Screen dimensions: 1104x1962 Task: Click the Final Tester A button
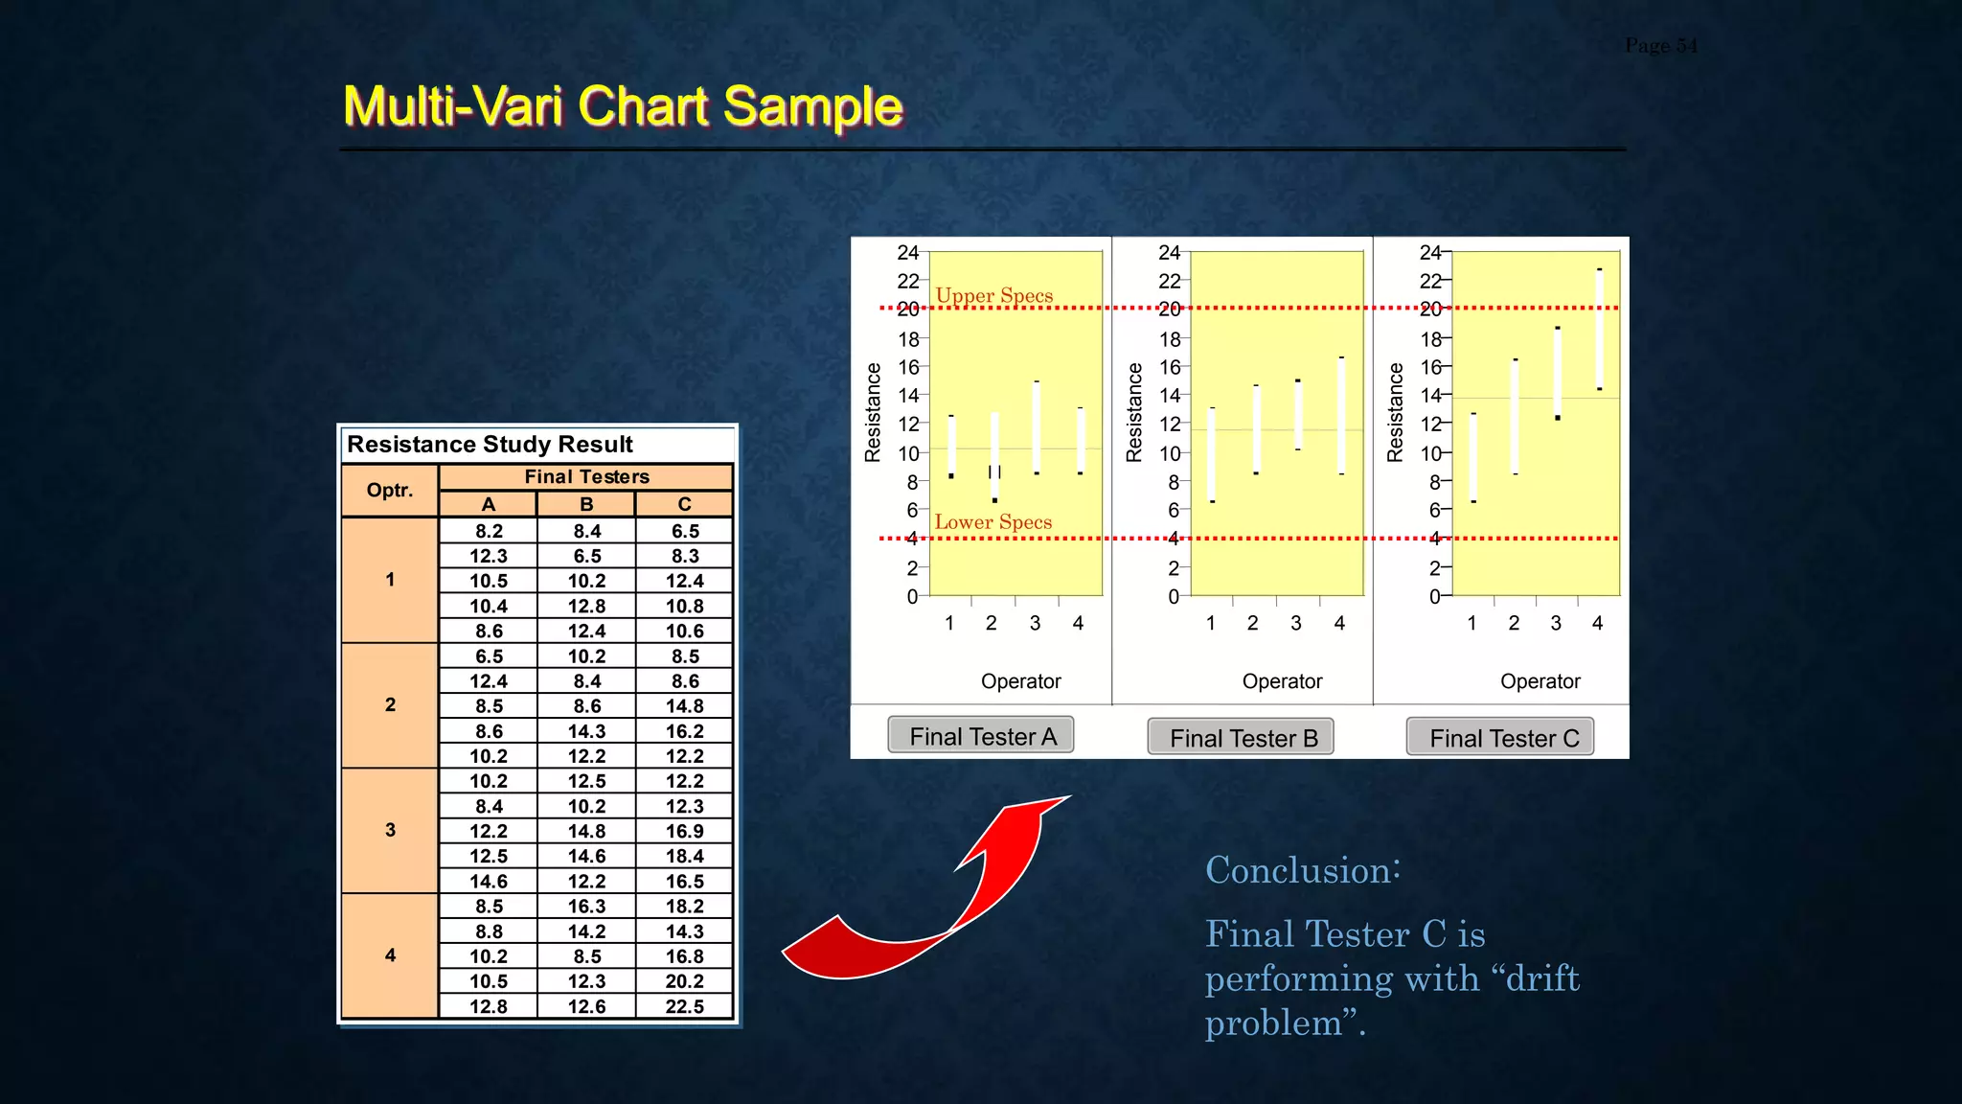980,736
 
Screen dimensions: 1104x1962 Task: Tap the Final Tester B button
1241,738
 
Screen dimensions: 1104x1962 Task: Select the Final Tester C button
1500,738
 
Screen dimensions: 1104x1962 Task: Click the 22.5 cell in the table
684,1006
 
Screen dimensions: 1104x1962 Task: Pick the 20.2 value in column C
684,981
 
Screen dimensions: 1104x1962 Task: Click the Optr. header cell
390,491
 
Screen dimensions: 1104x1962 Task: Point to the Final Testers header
586,476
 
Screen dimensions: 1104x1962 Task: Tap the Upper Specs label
993,295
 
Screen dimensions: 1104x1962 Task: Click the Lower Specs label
992,522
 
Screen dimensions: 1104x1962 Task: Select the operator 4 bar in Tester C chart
1599,331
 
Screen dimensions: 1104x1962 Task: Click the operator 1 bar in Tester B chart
1212,455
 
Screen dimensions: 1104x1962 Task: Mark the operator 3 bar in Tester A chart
1037,427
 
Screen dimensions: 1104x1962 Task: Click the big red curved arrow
920,910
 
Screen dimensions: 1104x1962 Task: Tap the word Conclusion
1302,870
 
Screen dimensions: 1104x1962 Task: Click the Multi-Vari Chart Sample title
623,105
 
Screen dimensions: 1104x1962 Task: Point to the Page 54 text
1660,45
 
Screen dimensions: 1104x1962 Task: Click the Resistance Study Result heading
490,445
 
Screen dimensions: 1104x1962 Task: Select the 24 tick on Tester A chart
907,252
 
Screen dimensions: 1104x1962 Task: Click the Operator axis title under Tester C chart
1540,681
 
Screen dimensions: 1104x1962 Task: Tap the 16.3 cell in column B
586,907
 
